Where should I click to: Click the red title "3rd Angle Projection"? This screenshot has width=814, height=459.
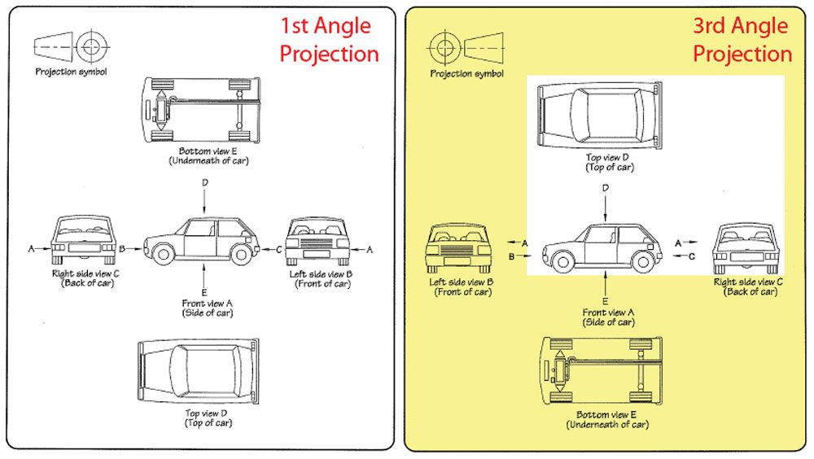click(x=742, y=40)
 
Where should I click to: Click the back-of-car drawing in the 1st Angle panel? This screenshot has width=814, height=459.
click(x=81, y=241)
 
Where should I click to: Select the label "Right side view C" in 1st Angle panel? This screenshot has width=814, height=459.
click(x=85, y=274)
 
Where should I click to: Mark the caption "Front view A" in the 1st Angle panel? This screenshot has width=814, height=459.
click(x=208, y=304)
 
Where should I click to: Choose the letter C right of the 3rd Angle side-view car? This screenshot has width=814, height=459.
click(x=691, y=256)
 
